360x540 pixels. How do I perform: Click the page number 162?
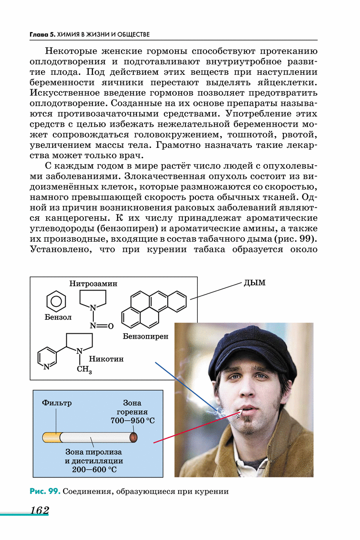pos(40,511)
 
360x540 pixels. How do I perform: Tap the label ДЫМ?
pos(254,283)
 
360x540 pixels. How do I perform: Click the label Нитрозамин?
pos(93,284)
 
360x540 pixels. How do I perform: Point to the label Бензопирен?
pos(146,336)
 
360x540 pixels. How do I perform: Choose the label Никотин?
pos(107,359)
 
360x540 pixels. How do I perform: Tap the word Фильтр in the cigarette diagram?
pos(57,402)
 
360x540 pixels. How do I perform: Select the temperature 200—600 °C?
pos(94,469)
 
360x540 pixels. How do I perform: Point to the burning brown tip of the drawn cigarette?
pos(133,438)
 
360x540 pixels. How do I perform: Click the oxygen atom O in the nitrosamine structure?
pos(110,326)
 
